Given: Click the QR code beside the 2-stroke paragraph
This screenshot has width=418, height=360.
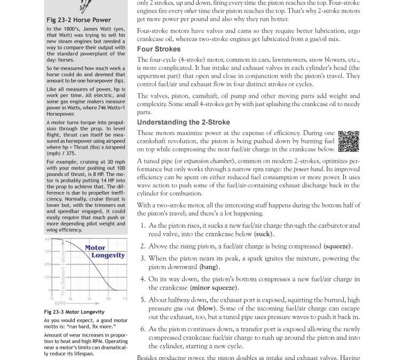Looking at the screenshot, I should [x=349, y=141].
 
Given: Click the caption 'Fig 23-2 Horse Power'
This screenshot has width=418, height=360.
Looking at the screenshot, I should [x=78, y=20].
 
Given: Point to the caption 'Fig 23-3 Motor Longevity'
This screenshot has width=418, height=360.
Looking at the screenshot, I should [x=74, y=312].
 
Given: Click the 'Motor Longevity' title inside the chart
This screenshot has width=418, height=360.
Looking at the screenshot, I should [x=101, y=251].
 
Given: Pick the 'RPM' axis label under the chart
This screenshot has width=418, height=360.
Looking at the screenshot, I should [x=60, y=303].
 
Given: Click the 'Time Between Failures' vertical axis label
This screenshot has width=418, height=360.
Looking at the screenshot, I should [x=62, y=273].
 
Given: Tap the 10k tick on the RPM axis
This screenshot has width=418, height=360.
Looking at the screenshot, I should [x=108, y=299].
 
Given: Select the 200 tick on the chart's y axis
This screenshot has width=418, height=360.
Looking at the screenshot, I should [x=47, y=264].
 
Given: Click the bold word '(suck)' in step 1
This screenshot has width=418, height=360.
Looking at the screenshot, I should [x=263, y=234].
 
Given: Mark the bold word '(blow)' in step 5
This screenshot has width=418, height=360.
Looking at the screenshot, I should [x=206, y=308].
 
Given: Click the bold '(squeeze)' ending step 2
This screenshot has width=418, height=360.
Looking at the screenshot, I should [x=337, y=246].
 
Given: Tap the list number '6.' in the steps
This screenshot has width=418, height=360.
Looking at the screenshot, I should [x=143, y=329].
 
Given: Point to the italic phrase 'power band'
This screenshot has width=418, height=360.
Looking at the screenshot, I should [x=308, y=169].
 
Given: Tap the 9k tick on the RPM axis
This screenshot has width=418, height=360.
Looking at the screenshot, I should [x=89, y=299].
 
